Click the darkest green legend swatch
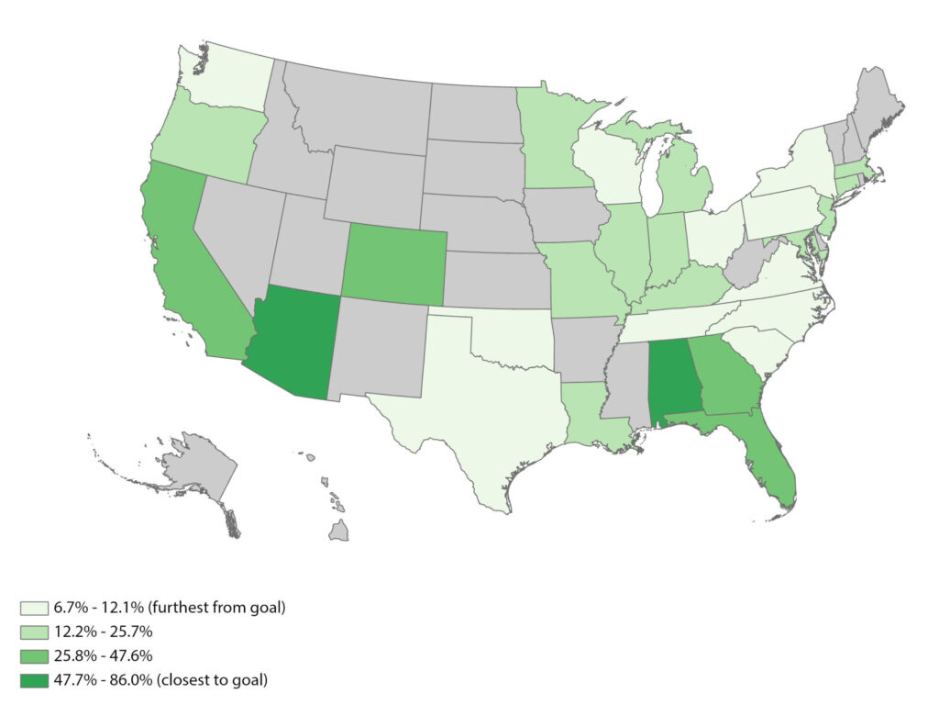coord(28,680)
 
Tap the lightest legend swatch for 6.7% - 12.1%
coord(28,609)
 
